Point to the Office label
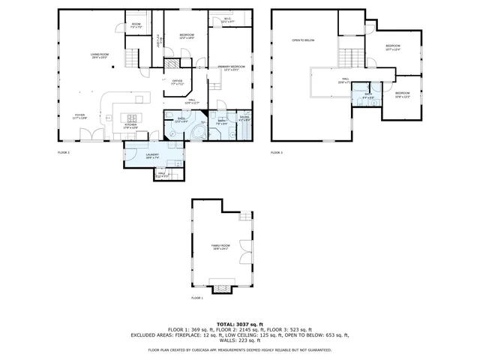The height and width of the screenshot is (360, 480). tap(177, 82)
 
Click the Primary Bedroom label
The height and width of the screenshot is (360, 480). tap(233, 68)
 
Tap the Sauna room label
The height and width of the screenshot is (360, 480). tap(244, 118)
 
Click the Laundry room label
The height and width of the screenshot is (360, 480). tap(151, 156)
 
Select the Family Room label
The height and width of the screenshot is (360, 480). tap(221, 245)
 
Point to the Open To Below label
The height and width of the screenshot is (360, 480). tap(303, 40)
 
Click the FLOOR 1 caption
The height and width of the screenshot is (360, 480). tap(196, 298)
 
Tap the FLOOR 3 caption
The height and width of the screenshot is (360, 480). tap(277, 152)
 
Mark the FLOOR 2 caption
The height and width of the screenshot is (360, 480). tap(64, 152)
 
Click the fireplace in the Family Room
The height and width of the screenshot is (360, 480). tap(221, 286)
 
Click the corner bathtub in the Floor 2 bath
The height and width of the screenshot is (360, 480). tap(197, 132)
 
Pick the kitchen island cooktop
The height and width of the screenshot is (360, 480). tap(133, 117)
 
